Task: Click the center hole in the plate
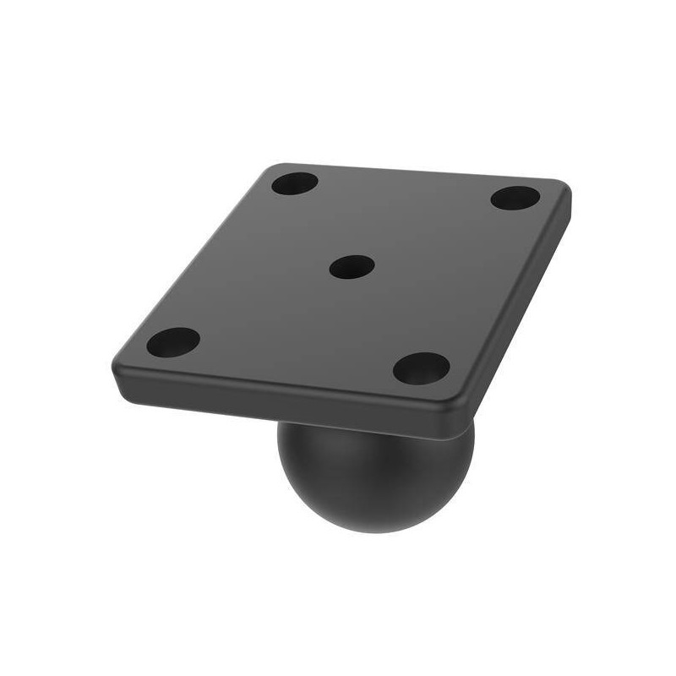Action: (x=352, y=268)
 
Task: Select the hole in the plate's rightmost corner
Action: (x=515, y=199)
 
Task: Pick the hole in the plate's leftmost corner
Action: (x=173, y=342)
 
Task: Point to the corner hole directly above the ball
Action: (x=421, y=368)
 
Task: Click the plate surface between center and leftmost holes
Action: (x=262, y=304)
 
